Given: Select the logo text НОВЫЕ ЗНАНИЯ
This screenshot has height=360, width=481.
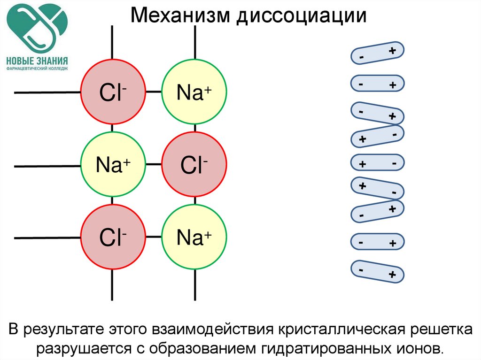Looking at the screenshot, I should pyautogui.click(x=37, y=61).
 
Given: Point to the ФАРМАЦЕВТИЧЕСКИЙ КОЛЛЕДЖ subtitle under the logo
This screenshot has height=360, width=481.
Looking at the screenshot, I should pyautogui.click(x=37, y=69).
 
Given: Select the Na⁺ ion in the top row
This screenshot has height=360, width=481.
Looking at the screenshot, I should pyautogui.click(x=194, y=92).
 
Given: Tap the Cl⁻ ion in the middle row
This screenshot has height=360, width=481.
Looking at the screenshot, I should pyautogui.click(x=194, y=165).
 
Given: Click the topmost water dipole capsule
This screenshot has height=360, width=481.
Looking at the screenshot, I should pyautogui.click(x=377, y=54).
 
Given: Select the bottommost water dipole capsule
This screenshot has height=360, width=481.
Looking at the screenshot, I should pyautogui.click(x=377, y=272).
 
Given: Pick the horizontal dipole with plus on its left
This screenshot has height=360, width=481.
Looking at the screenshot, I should pyautogui.click(x=378, y=163).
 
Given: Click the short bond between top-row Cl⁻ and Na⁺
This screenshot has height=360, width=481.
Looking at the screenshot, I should pyautogui.click(x=153, y=92).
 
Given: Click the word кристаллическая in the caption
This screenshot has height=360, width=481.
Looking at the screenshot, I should pyautogui.click(x=338, y=329).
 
